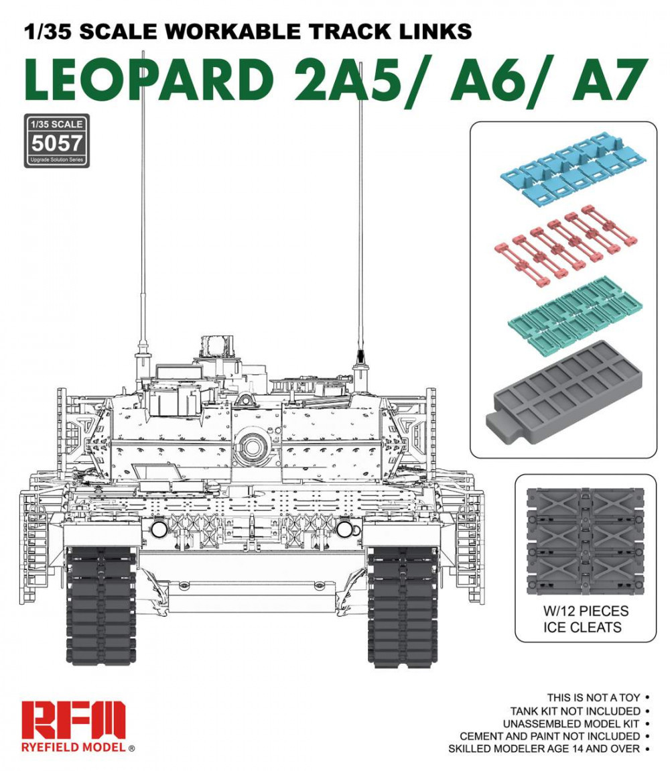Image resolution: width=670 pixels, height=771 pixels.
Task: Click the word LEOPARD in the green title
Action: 149,80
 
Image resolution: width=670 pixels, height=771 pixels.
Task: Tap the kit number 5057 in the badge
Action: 56,143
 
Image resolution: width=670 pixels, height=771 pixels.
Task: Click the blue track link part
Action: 573,168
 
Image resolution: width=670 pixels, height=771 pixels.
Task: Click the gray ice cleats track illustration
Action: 585,540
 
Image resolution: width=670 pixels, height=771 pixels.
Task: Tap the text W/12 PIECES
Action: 586,611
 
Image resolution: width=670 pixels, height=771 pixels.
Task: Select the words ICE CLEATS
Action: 582,628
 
